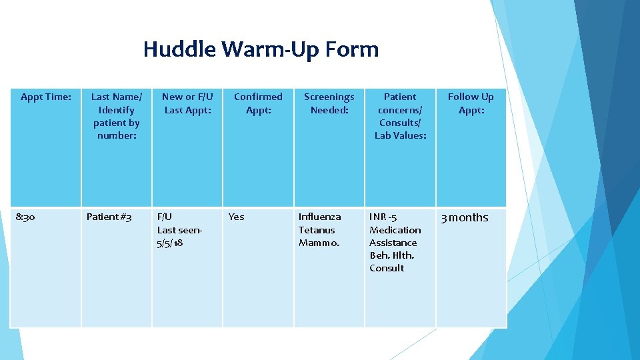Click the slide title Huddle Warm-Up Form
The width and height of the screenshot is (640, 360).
261,49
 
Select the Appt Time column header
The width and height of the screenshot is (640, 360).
45,97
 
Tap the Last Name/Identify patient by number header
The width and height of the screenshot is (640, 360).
117,116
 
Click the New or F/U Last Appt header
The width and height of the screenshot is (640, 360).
187,103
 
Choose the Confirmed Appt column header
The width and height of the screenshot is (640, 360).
258,103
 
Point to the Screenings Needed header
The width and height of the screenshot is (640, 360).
329,103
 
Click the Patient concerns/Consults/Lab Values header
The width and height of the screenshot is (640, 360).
400,116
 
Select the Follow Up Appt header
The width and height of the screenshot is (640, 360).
471,103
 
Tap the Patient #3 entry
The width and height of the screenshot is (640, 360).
109,217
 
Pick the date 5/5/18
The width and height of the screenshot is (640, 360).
170,243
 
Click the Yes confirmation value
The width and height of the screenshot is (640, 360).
236,217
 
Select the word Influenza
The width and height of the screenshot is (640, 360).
319,217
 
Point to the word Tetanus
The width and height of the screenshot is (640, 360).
317,230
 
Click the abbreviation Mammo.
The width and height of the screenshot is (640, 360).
319,243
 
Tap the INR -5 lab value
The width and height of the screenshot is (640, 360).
383,217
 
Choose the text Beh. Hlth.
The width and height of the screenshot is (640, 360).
391,255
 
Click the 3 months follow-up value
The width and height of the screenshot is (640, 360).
464,218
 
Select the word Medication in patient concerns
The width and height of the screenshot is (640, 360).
395,230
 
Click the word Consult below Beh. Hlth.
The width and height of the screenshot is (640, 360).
387,268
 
